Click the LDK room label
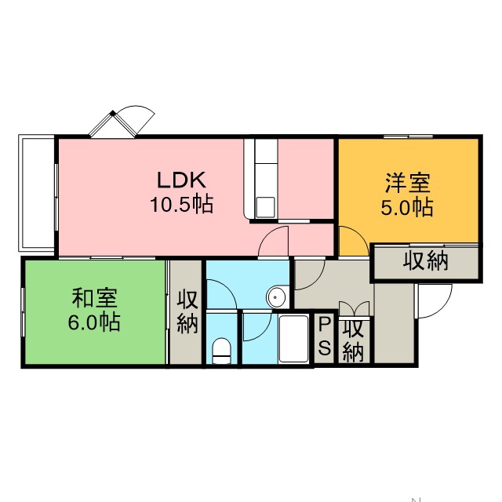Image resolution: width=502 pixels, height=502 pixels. tap(181, 180)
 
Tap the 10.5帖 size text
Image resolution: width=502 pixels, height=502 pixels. tap(181, 204)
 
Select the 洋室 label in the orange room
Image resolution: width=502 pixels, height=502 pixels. tap(408, 183)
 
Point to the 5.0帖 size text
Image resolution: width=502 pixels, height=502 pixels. tap(407, 207)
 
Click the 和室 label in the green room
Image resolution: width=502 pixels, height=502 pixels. tap(94, 298)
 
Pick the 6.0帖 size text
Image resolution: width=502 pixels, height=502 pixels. tap(94, 322)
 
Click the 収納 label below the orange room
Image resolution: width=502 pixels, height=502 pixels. tap(425, 261)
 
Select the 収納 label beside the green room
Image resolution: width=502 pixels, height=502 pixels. tap(187, 311)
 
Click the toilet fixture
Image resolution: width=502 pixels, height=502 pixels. tap(221, 351)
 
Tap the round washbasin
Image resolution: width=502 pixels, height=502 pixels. tap(275, 297)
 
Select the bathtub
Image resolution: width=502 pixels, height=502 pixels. tap(293, 339)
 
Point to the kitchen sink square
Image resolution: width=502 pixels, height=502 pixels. tap(265, 207)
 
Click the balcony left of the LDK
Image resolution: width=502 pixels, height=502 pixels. tap(37, 194)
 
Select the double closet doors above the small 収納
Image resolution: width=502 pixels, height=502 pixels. tap(354, 308)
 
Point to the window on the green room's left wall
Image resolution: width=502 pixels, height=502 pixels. tap(23, 312)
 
